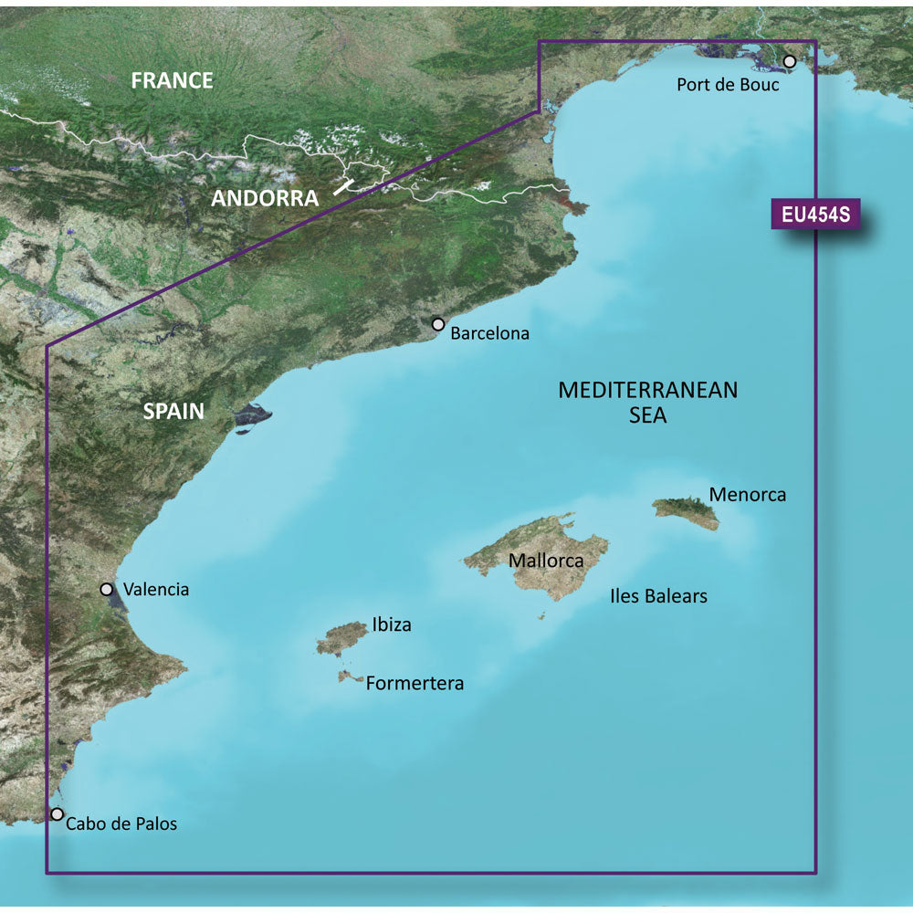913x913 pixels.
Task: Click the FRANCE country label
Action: (x=172, y=80)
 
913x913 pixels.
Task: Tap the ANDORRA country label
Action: (x=265, y=198)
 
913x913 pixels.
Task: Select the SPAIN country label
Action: (x=173, y=411)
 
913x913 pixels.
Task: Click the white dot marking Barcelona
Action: (x=438, y=324)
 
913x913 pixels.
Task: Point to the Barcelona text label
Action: (x=490, y=334)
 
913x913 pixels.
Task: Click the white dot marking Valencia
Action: (x=107, y=590)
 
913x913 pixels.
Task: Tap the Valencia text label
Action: (x=156, y=590)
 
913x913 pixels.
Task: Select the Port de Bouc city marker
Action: (x=790, y=61)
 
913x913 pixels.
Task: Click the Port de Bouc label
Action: (x=728, y=85)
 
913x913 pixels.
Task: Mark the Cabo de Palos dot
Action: (x=58, y=813)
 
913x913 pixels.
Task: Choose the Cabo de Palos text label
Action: (x=122, y=824)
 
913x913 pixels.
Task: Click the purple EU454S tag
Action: (x=815, y=215)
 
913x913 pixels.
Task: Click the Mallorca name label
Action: (x=545, y=561)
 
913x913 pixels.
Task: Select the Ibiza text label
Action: (x=392, y=625)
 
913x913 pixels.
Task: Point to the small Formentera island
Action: (x=347, y=677)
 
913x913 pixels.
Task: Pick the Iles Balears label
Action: (x=658, y=596)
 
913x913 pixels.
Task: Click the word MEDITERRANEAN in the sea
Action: (x=647, y=391)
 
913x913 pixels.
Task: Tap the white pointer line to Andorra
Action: (x=344, y=186)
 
